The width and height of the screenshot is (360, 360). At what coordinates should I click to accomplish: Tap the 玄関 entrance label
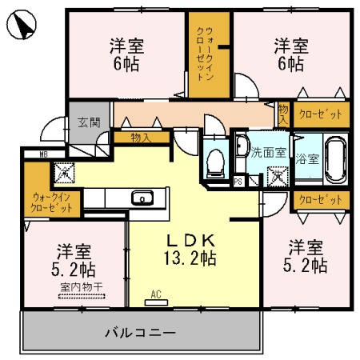coord(89,122)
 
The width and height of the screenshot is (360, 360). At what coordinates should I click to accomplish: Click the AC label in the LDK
coord(156,294)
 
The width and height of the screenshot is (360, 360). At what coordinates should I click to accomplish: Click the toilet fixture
coord(214,163)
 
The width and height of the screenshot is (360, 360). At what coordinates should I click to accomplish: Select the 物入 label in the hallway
coord(141,138)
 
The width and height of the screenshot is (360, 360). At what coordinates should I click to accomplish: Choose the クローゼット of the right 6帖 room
coord(321,114)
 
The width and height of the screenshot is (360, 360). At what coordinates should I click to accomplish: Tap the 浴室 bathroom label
coord(307,158)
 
